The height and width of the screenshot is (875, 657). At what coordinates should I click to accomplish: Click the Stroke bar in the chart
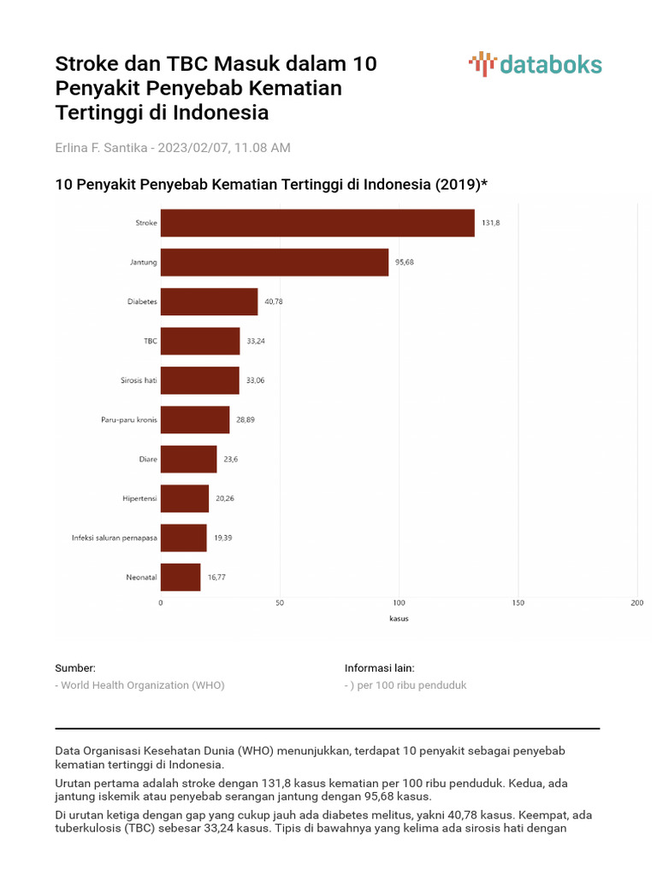(317, 223)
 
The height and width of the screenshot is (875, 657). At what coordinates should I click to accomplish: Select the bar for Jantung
(275, 262)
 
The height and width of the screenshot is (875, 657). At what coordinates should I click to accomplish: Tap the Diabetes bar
(209, 302)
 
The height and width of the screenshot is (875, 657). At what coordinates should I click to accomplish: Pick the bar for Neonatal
(181, 578)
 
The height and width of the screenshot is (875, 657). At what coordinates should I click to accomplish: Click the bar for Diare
(188, 459)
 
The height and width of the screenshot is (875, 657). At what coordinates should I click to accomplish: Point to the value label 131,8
(490, 223)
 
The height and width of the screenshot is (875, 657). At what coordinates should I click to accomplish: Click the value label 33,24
(256, 341)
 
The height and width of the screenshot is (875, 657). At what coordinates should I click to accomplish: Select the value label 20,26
(224, 498)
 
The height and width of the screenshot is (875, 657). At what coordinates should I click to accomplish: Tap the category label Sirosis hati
(139, 380)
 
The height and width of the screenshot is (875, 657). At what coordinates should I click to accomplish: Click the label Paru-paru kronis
(129, 420)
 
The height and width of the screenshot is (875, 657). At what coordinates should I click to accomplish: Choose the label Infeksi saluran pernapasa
(115, 537)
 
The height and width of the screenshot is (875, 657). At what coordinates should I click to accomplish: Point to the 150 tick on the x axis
(518, 603)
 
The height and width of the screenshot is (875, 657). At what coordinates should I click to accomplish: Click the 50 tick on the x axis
(280, 603)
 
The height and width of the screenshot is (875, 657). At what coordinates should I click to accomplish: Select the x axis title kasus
(399, 619)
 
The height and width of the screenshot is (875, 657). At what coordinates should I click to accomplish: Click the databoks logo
(536, 64)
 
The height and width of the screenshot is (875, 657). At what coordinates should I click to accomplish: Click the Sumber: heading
(75, 668)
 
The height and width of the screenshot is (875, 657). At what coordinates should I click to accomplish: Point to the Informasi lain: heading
(379, 668)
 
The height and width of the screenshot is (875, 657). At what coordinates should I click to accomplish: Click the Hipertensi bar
(185, 498)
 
